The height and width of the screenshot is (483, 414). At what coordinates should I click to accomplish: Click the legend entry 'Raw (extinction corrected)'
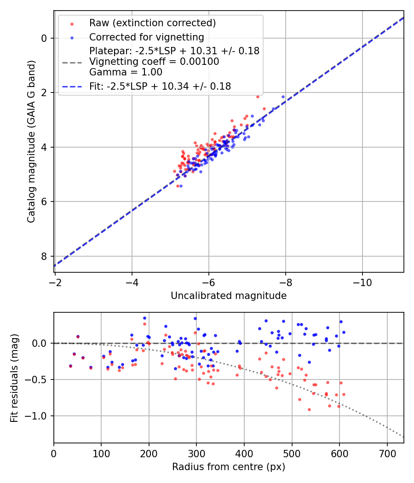(x=152, y=23)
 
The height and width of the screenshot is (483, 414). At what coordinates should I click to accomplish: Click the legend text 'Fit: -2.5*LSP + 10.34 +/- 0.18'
(x=160, y=86)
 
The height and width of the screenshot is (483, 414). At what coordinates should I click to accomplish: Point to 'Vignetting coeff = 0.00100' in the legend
(x=154, y=61)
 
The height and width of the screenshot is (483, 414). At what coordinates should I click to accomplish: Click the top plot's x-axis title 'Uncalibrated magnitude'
(x=229, y=296)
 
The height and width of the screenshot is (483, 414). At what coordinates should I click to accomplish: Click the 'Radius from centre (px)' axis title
(x=229, y=467)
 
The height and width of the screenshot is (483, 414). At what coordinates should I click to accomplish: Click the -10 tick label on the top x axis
(x=362, y=280)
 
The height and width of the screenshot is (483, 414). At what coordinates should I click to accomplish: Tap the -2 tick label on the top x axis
(x=55, y=280)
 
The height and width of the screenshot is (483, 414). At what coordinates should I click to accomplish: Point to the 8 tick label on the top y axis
(x=44, y=256)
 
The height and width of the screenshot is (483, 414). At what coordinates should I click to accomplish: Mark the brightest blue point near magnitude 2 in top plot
(x=283, y=97)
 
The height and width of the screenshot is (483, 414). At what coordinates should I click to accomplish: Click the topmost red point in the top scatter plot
(x=258, y=97)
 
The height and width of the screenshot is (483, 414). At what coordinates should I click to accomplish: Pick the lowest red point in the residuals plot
(x=309, y=409)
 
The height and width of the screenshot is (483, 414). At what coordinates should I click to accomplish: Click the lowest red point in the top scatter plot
(x=178, y=186)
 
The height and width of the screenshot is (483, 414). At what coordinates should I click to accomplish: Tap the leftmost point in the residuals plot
(x=70, y=366)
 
